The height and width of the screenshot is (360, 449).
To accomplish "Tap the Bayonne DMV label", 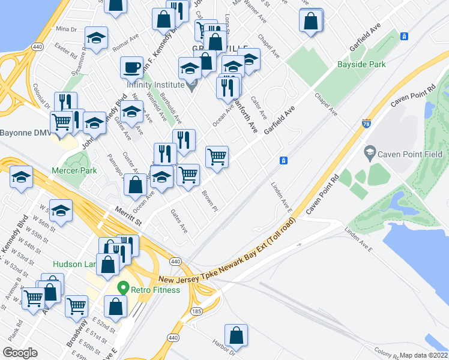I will [25, 133].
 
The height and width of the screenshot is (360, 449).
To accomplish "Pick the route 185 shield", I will [196, 312].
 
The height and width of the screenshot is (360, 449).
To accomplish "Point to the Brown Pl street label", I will [209, 202].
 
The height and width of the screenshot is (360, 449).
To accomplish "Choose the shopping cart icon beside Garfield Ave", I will [217, 157].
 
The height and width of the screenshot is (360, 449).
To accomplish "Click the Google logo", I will [20, 353].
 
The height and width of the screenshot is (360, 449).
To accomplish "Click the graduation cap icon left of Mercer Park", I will [22, 177].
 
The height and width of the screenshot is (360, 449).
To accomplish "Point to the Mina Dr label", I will [67, 29].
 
